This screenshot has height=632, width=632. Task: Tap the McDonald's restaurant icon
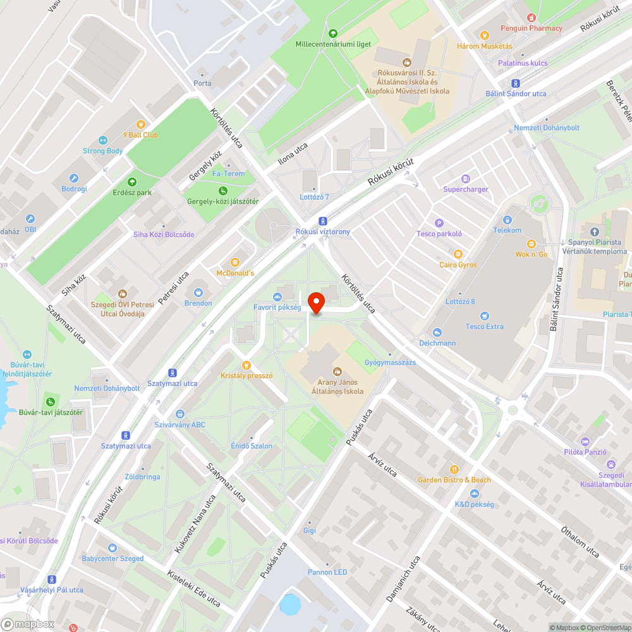(x=235, y=262)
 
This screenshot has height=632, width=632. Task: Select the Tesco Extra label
(x=485, y=327)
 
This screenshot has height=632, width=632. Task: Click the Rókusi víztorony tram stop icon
(x=323, y=221)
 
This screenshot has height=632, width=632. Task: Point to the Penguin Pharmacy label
(x=531, y=28)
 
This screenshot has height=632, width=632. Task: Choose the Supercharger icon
(x=466, y=179)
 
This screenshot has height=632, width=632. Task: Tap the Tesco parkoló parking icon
(x=439, y=223)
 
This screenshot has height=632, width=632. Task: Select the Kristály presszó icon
(x=246, y=365)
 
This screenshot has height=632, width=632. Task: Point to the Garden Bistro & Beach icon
(x=454, y=469)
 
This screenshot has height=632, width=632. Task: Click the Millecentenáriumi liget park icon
(x=333, y=33)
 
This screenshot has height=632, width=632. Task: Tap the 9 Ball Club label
(x=141, y=135)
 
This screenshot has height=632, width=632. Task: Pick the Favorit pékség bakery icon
(x=277, y=296)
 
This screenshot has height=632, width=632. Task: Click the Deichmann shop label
(x=437, y=343)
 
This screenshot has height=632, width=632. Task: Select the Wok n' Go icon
(x=531, y=243)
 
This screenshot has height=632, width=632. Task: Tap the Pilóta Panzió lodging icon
(x=585, y=441)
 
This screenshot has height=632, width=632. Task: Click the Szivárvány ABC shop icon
(x=180, y=414)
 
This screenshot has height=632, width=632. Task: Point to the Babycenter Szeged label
(x=112, y=559)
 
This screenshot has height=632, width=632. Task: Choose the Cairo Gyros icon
(x=458, y=254)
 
